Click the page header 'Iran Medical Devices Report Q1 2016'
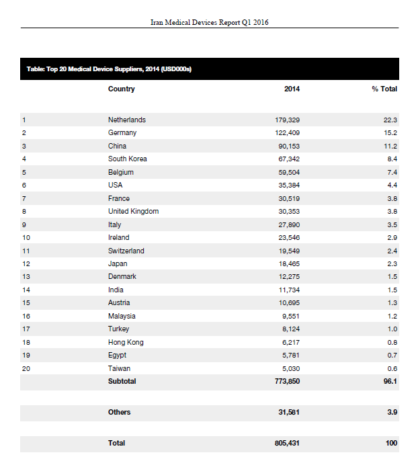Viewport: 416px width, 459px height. (210, 22)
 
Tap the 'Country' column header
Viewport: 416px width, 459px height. (121, 89)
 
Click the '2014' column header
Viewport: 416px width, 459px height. (292, 89)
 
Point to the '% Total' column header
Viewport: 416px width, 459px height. (384, 89)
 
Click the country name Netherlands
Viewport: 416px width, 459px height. (126, 120)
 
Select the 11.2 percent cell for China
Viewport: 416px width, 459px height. (390, 146)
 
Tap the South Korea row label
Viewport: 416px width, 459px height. (127, 159)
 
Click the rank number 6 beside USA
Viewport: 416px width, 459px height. (24, 185)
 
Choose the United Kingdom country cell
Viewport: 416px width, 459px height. (133, 212)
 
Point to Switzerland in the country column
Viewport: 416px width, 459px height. (126, 251)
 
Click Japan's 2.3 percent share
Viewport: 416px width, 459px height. (392, 264)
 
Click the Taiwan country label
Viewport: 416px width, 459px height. (119, 369)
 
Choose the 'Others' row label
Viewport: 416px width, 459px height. (119, 413)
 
